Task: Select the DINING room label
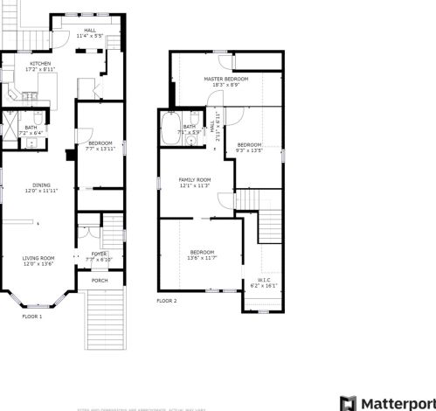[x=41, y=185]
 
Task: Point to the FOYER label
[x=99, y=254]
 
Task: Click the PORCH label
[x=100, y=281]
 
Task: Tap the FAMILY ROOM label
[x=195, y=179]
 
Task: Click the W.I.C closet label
[x=264, y=280]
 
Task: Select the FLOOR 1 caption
[x=33, y=316]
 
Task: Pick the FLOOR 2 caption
[x=167, y=301]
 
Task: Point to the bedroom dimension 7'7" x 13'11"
[x=99, y=149]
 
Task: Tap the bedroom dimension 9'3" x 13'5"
[x=249, y=150]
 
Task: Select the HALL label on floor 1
[x=90, y=30]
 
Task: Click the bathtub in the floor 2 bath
[x=170, y=129]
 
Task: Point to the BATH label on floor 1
[x=31, y=128]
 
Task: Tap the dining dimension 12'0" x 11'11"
[x=41, y=190]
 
